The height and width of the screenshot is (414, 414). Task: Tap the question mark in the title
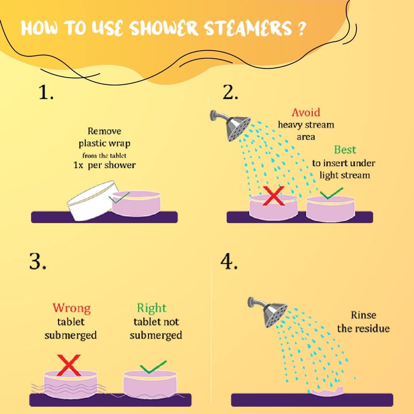coord(301,28)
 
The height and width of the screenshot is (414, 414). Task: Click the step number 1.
coord(46,93)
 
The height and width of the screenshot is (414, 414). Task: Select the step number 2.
coord(230,93)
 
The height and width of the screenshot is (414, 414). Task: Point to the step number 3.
coord(38,261)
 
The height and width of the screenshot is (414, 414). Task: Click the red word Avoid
coord(306,112)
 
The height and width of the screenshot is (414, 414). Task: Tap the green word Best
coord(345,150)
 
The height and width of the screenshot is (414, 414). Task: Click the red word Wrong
coord(71,308)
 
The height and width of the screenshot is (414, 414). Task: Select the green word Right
coord(152,308)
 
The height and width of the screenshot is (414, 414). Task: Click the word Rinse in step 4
coord(364,315)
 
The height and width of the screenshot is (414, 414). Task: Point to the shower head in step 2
coord(230,125)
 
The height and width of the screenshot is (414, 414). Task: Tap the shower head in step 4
coord(268,312)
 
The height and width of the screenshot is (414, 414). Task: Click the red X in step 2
coord(274,196)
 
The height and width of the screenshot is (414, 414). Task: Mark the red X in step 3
coord(69,365)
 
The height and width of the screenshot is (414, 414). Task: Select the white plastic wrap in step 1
coord(93,200)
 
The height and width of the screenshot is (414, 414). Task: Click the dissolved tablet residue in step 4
coord(328,392)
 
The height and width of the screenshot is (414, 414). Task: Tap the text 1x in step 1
coord(78,165)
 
